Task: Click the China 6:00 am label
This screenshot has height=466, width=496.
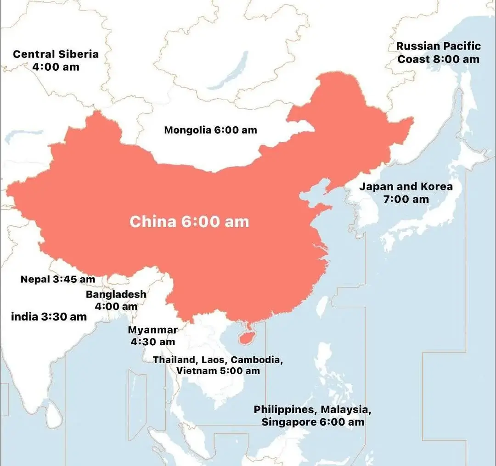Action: [189, 222]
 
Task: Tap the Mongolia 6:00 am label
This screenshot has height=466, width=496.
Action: [210, 130]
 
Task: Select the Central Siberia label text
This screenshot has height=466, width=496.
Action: [56, 54]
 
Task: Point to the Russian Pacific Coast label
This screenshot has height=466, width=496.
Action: [438, 52]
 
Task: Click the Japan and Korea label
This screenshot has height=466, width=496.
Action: [406, 193]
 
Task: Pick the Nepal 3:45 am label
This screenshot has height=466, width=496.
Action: [58, 279]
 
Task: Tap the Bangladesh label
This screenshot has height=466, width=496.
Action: [116, 294]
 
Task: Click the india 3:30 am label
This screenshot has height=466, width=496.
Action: [49, 316]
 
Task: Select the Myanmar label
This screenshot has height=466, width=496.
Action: [152, 330]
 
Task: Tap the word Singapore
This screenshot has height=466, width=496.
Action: [286, 422]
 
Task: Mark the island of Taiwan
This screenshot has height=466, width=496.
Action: [323, 306]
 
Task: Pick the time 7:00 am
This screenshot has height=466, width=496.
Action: [406, 199]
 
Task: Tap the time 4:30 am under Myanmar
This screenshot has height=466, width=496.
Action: [152, 342]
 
